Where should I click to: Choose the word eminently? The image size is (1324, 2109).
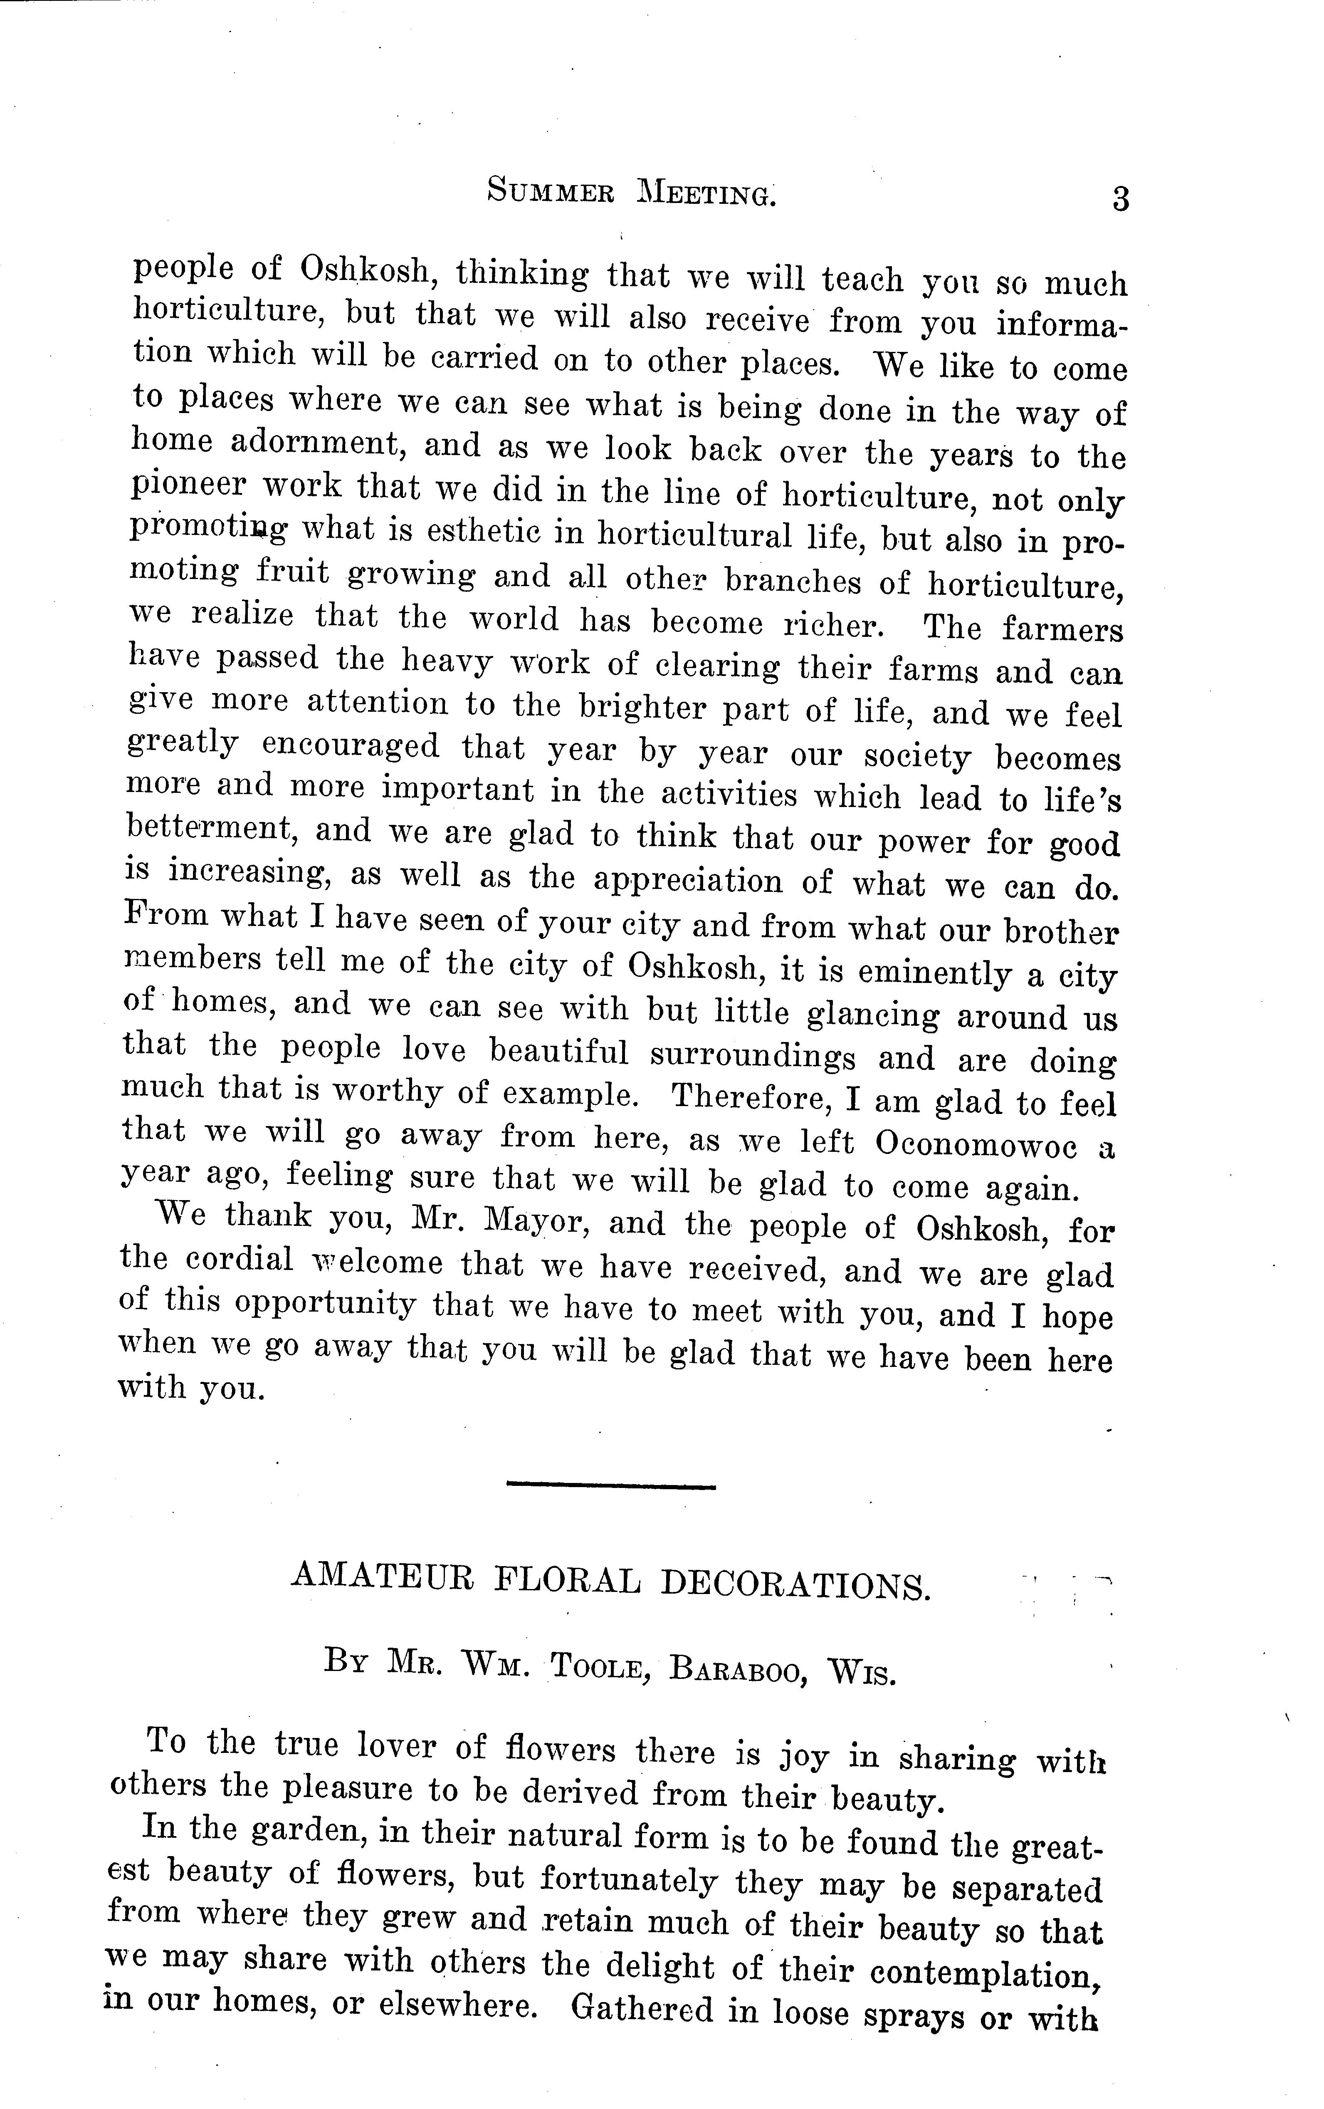(930, 972)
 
